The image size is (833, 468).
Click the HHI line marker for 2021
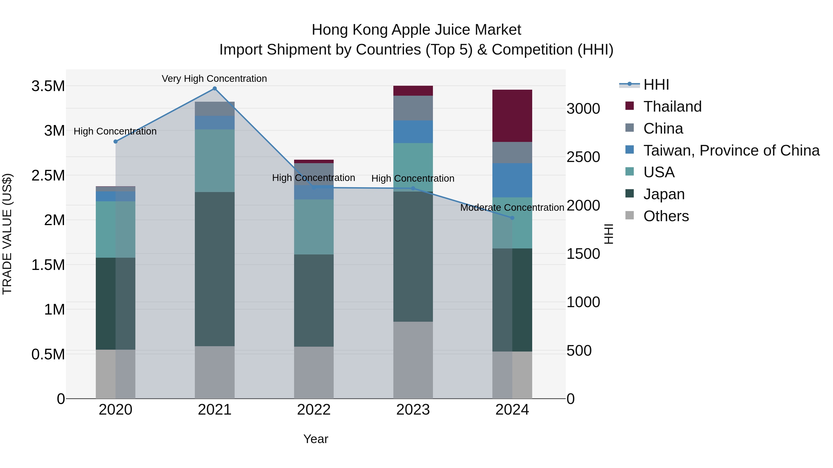click(x=214, y=89)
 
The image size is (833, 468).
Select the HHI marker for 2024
click(x=512, y=218)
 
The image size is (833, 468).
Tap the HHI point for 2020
click(x=115, y=141)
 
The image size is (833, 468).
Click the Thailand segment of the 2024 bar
click(x=512, y=116)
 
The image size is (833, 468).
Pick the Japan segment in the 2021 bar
click(x=214, y=269)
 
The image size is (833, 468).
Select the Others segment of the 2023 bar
click(x=413, y=360)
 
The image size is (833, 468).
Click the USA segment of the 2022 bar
click(x=314, y=227)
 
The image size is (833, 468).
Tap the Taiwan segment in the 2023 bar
click(x=413, y=132)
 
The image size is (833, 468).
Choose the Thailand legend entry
click(x=672, y=107)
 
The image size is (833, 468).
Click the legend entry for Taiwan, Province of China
click(x=731, y=150)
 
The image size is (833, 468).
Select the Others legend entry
click(x=665, y=216)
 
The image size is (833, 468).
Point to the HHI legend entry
click(x=656, y=85)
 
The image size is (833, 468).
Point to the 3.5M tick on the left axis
click(x=48, y=86)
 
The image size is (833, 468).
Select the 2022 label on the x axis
click(x=314, y=410)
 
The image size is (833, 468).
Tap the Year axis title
click(x=316, y=439)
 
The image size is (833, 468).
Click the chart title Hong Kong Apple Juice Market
click(x=416, y=30)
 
